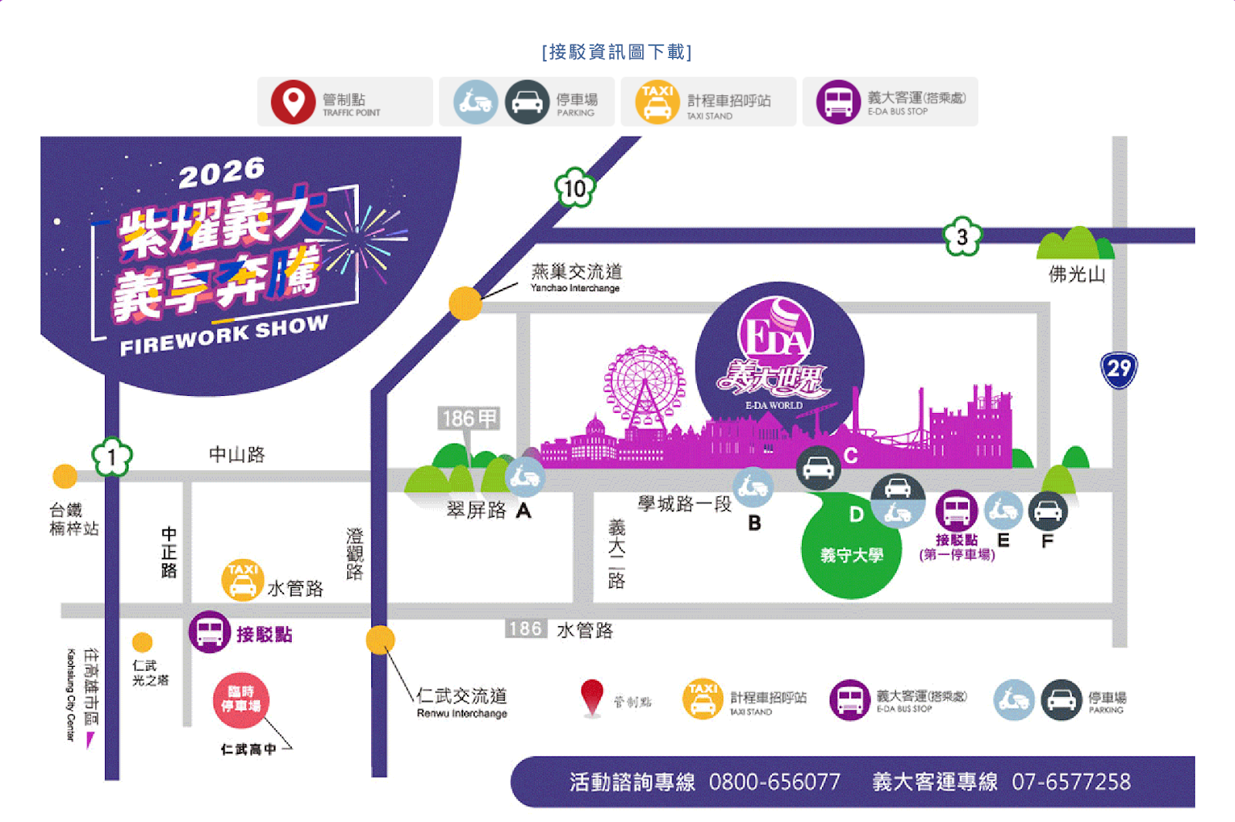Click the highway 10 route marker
click(575, 188)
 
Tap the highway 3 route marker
click(963, 236)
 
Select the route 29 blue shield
click(1118, 370)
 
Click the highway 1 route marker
click(112, 458)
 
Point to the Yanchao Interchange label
click(576, 277)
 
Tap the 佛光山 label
click(1077, 274)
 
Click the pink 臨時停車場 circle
click(241, 700)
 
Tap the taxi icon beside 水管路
click(242, 580)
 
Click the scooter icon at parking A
click(525, 477)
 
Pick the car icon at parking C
click(818, 468)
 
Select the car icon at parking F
click(1047, 510)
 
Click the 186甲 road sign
click(469, 418)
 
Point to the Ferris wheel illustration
click(644, 386)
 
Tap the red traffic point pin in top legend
click(293, 102)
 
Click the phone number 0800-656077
click(774, 782)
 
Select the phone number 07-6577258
click(1071, 782)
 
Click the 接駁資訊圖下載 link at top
click(617, 52)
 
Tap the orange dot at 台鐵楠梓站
click(65, 476)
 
